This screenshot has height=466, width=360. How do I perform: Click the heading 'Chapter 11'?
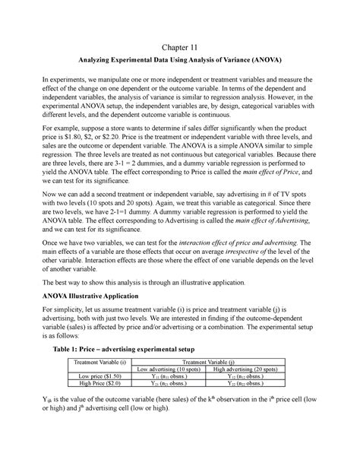[180, 48]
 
